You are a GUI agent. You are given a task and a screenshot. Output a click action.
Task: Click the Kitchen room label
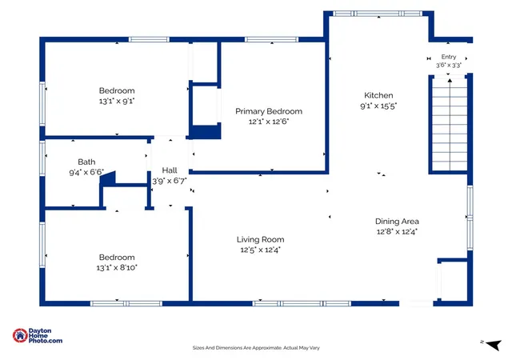pyautogui.click(x=378, y=95)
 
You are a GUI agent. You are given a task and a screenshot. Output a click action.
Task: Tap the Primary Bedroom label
pyautogui.click(x=269, y=111)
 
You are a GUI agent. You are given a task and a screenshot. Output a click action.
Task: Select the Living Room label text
pyautogui.click(x=260, y=239)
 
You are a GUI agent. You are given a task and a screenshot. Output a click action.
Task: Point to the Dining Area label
pyautogui.click(x=397, y=222)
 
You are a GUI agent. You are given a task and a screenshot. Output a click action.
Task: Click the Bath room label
pyautogui.click(x=86, y=162)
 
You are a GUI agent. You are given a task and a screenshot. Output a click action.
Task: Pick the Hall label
pyautogui.click(x=170, y=170)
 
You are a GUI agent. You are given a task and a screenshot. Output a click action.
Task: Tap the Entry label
pyautogui.click(x=449, y=57)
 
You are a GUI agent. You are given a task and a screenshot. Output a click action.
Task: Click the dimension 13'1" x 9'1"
pyautogui.click(x=117, y=101)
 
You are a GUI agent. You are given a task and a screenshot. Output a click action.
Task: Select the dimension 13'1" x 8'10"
pyautogui.click(x=117, y=267)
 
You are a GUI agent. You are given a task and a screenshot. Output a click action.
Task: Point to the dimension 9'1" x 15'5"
pyautogui.click(x=378, y=106)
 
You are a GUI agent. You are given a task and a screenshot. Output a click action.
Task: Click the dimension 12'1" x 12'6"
pyautogui.click(x=269, y=122)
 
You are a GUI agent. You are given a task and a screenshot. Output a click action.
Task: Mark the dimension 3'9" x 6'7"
pyautogui.click(x=170, y=181)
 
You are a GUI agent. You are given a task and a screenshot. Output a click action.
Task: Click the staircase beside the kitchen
pyautogui.click(x=450, y=124)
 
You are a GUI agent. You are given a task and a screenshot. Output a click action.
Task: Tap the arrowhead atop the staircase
pyautogui.click(x=450, y=80)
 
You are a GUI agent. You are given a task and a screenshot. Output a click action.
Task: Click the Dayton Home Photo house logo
pyautogui.click(x=20, y=335)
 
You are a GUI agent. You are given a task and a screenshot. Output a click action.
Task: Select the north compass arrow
pyautogui.click(x=494, y=345)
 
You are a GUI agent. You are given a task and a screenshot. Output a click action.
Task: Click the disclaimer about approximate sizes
pyautogui.click(x=256, y=348)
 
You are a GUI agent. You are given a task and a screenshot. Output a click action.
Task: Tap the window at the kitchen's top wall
pyautogui.click(x=378, y=14)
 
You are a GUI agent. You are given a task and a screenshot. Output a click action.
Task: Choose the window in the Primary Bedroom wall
pyautogui.click(x=271, y=39)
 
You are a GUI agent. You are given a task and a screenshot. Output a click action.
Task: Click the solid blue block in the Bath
pyautogui.click(x=109, y=178)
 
